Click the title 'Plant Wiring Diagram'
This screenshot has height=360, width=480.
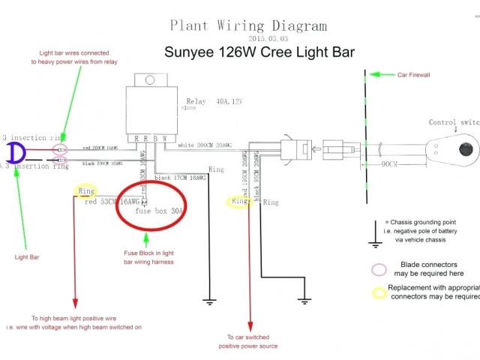pos(248,25)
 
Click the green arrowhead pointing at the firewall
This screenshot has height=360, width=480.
pos(376,75)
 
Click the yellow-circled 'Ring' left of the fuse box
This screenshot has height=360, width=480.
pos(85,191)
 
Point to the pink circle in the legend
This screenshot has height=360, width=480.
pos(379,269)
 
